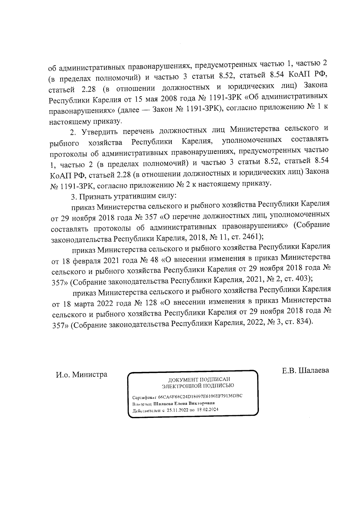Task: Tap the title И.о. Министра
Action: click(82, 375)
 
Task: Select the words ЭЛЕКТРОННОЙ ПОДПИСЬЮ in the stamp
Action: click(198, 386)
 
